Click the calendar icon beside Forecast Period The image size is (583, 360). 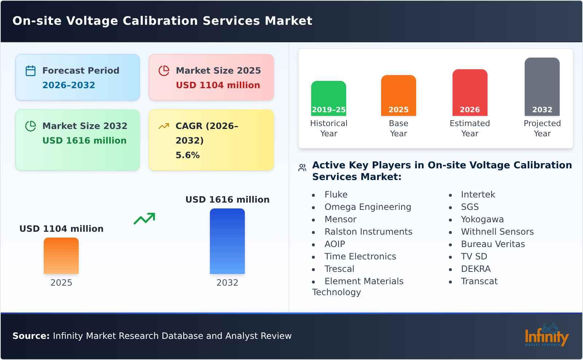pos(31,71)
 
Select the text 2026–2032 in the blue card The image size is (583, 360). pos(69,85)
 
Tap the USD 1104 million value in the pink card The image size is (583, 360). pos(218,85)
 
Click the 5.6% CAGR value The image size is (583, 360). pos(187,155)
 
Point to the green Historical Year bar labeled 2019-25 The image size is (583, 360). pos(328,98)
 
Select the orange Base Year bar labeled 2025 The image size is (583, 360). pos(398,95)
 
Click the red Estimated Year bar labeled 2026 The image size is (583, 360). pos(470,93)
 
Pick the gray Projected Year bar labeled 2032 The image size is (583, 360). pos(542,87)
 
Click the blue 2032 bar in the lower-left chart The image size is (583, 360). pos(227,241)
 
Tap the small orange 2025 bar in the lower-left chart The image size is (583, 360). pos(61,256)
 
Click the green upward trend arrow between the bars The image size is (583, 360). pos(144,219)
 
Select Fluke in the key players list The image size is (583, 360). pos(336,195)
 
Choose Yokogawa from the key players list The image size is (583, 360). pos(482,219)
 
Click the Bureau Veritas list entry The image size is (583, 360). pos(493,244)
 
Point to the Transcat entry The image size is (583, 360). pos(479,281)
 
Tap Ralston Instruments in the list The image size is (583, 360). pos(368,232)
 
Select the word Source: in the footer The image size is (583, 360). pos(31,336)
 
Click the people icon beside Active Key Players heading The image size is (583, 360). pos(302,168)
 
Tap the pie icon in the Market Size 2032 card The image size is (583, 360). pos(31,126)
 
